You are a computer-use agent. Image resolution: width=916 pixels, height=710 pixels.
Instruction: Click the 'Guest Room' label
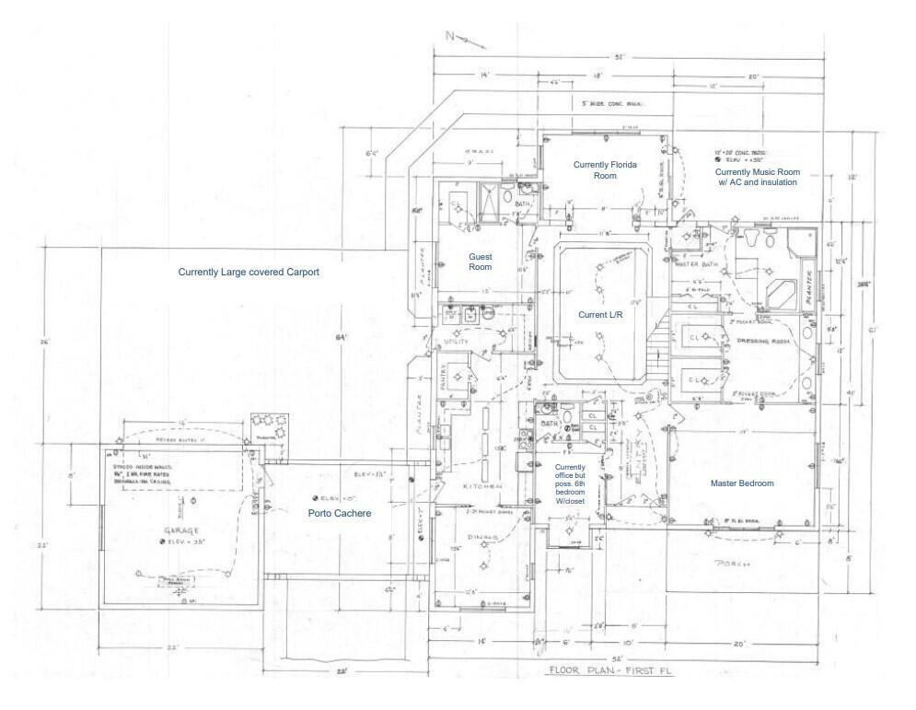(481, 262)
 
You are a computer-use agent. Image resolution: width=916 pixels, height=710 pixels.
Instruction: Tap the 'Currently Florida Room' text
(605, 169)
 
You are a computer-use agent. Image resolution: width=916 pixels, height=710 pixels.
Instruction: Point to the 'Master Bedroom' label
(742, 483)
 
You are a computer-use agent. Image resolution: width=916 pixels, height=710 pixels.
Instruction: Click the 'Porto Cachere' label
(340, 513)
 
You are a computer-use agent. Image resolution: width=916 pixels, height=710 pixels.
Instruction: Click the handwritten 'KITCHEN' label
(481, 485)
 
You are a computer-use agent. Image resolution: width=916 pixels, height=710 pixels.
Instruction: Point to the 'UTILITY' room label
(458, 342)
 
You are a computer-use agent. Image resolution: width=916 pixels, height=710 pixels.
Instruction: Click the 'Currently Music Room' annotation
(758, 177)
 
